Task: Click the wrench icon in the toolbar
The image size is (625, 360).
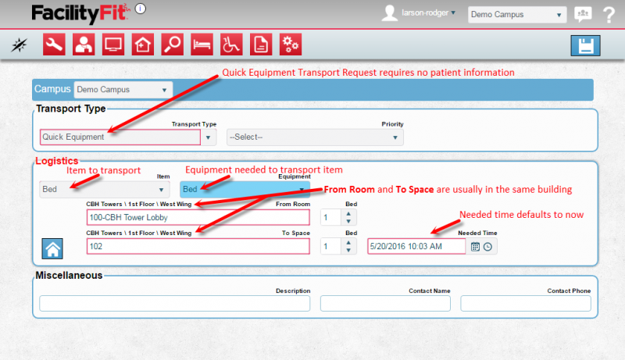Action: (54, 45)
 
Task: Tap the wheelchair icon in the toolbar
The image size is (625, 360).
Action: (231, 45)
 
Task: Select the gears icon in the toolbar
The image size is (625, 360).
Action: (290, 45)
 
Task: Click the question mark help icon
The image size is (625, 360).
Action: (609, 14)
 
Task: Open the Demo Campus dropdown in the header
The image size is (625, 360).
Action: (516, 14)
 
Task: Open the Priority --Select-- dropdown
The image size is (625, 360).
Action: (314, 137)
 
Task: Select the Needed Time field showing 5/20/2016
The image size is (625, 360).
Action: (416, 246)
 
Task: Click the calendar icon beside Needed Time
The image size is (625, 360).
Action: (475, 247)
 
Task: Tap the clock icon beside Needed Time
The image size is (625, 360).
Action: (488, 247)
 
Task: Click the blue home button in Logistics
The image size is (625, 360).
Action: (52, 249)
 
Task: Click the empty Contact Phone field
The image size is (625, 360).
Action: (526, 304)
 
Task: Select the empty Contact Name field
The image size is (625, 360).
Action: (386, 304)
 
